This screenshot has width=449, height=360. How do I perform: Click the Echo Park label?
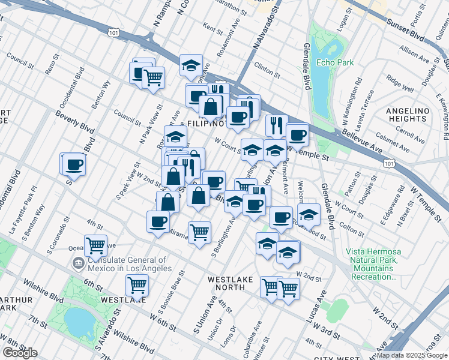[336, 62]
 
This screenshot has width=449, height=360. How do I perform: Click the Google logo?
[20, 353]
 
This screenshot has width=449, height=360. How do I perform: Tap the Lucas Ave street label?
[316, 307]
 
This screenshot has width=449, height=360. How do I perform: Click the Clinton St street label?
[268, 66]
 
